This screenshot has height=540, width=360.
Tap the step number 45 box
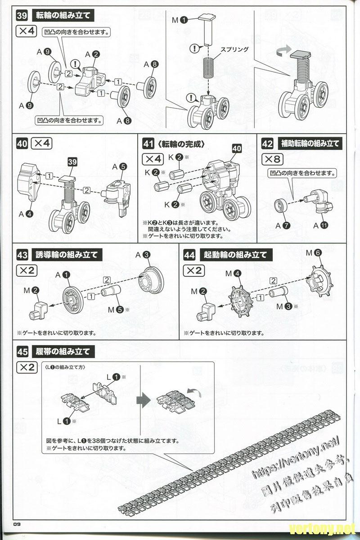click(x=22, y=351)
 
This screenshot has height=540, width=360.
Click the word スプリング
click(x=234, y=49)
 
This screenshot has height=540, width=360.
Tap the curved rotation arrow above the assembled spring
click(x=283, y=51)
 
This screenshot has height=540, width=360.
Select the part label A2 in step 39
click(x=93, y=54)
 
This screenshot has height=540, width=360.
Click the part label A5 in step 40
click(x=119, y=166)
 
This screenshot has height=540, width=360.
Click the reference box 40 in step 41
click(x=237, y=148)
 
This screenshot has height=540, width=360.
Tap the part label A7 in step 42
click(x=281, y=225)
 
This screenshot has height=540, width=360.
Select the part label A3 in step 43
click(x=142, y=255)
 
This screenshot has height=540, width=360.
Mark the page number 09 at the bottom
click(x=18, y=523)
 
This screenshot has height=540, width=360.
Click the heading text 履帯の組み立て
click(x=63, y=351)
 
